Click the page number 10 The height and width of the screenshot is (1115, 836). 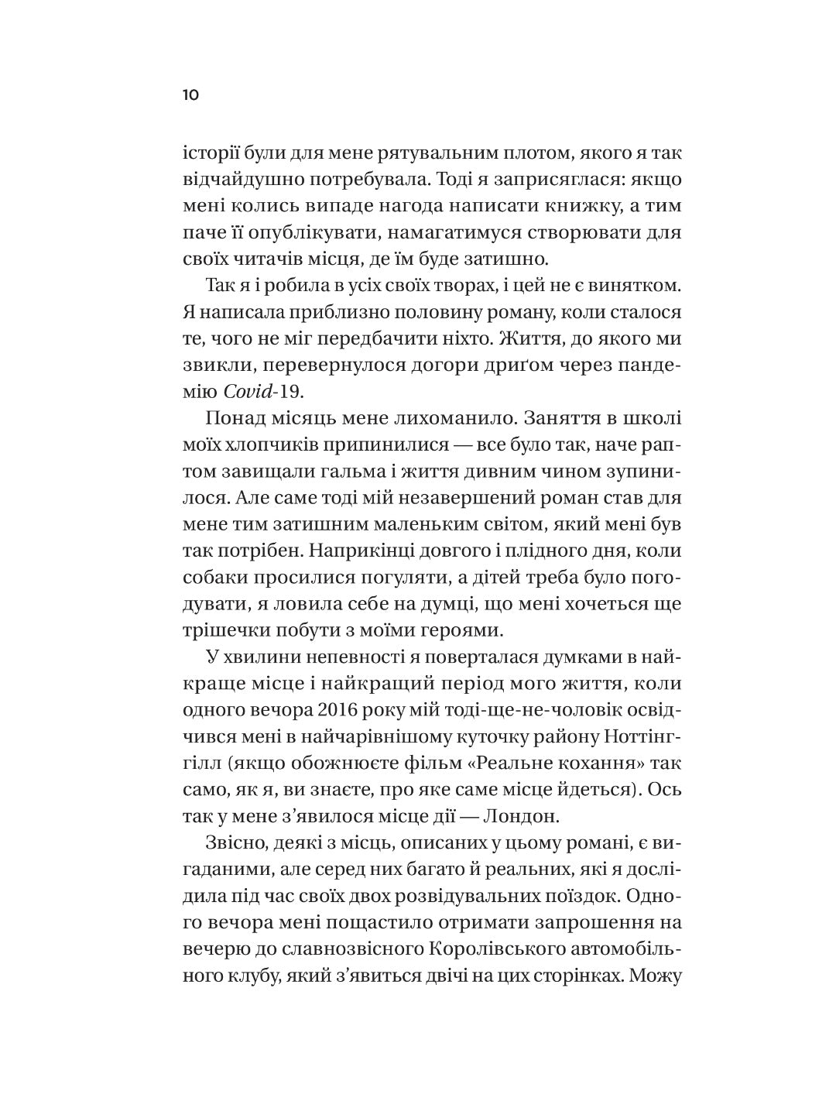(x=191, y=95)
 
